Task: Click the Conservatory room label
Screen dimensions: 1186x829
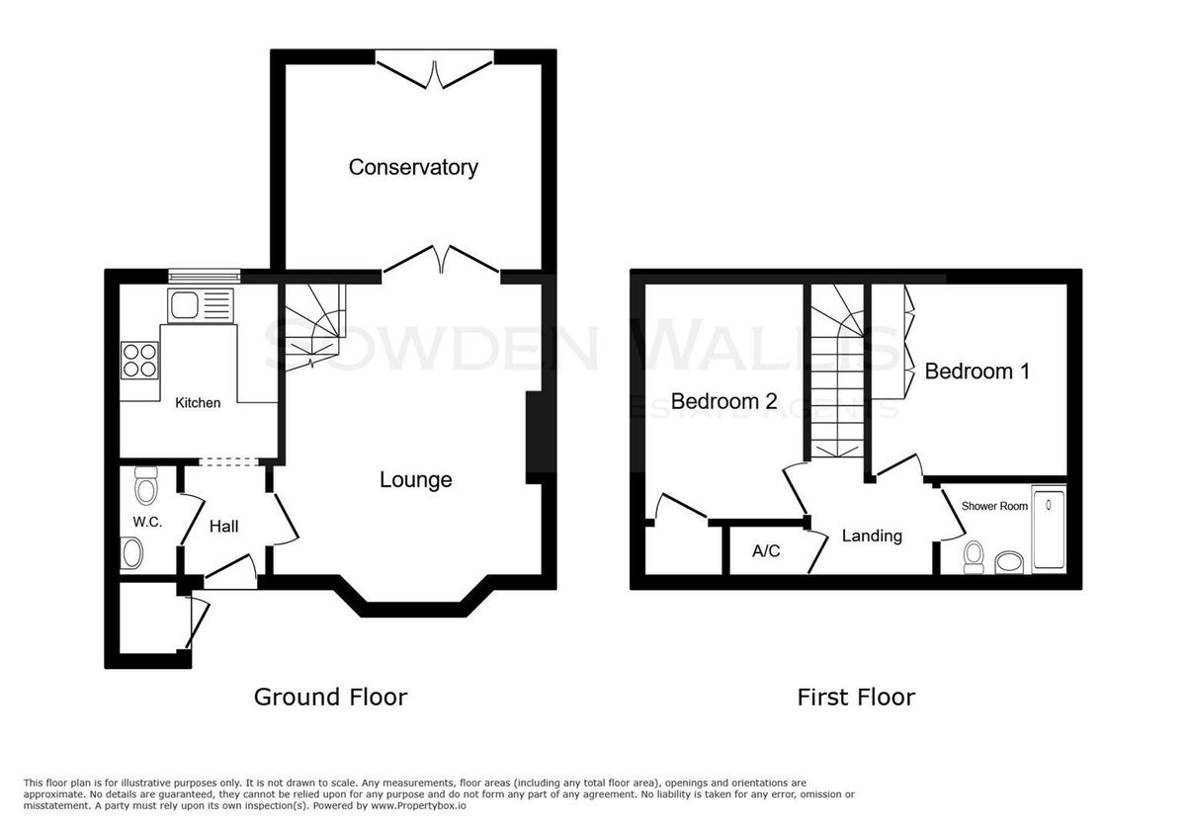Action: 413,167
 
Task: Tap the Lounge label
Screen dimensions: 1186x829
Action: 416,479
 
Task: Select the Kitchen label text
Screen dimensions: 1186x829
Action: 198,403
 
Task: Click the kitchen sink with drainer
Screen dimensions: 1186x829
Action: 201,305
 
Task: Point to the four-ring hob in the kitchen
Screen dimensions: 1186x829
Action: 139,361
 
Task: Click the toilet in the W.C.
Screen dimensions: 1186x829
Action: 146,485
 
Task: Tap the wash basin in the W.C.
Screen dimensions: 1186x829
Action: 131,553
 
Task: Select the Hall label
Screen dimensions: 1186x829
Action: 224,527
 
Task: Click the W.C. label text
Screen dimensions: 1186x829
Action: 147,522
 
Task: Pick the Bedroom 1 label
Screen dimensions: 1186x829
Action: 977,372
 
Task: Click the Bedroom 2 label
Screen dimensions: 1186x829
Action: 723,401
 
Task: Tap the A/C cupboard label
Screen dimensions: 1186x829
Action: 766,551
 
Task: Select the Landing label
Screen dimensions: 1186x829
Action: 872,536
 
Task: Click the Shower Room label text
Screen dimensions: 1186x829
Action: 994,506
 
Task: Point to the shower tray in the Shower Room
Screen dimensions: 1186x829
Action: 1049,530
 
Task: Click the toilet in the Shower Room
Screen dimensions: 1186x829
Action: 974,557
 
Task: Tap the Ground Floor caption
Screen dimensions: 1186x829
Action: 330,698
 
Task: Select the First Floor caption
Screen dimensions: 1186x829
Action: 856,698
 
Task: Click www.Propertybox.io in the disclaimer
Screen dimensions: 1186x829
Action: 418,805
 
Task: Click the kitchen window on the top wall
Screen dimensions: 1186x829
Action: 205,276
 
